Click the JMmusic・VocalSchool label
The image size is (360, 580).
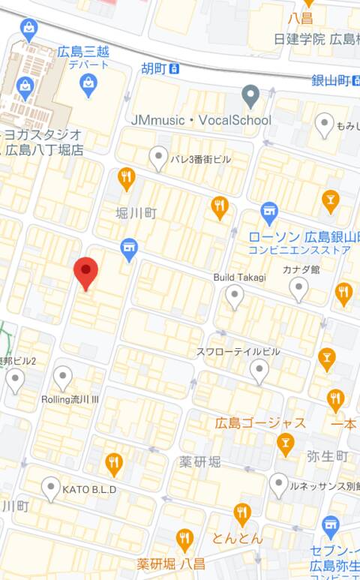tap(200, 120)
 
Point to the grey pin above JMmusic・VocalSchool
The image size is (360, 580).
tap(250, 95)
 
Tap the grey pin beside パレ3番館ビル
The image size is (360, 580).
tap(158, 158)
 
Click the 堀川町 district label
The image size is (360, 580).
tap(136, 213)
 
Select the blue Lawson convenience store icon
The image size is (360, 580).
tap(269, 212)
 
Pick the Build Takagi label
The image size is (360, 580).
tap(239, 277)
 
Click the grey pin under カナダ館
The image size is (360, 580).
tap(299, 287)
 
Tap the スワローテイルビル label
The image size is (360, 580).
tap(238, 351)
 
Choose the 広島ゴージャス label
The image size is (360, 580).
tap(260, 423)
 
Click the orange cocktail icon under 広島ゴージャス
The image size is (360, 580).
tap(285, 445)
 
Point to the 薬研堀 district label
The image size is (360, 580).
tap(200, 461)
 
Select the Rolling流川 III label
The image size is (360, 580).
tap(70, 399)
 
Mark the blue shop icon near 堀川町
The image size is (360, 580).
tap(130, 248)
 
